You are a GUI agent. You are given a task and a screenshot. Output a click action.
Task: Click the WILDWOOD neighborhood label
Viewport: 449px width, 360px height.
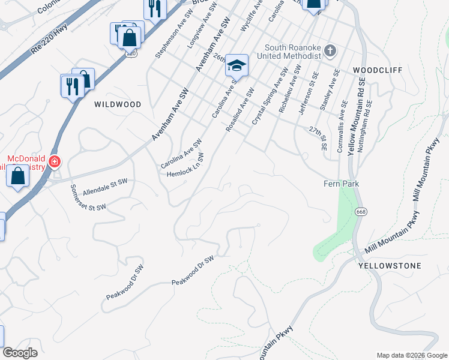(118, 104)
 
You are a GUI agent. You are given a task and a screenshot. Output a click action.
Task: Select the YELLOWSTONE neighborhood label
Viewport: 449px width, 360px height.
(390, 265)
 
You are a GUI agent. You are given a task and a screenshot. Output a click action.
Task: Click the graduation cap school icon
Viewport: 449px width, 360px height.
(237, 65)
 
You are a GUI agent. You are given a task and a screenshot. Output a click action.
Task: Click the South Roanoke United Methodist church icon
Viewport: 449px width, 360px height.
(330, 50)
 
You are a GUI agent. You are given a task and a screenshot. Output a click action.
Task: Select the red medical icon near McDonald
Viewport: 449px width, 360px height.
(54, 161)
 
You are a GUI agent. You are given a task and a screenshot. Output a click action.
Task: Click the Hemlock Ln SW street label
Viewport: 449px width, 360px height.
(185, 165)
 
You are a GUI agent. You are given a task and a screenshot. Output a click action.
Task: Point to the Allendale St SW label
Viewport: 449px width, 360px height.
(105, 185)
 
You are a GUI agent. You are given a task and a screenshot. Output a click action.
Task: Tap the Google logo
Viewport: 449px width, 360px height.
(20, 353)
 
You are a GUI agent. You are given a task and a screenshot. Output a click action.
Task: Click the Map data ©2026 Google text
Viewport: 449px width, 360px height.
(411, 355)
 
